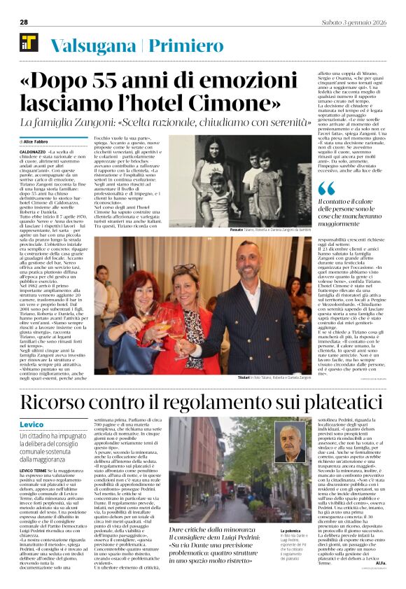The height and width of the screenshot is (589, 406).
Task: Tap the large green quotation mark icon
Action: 325,189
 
